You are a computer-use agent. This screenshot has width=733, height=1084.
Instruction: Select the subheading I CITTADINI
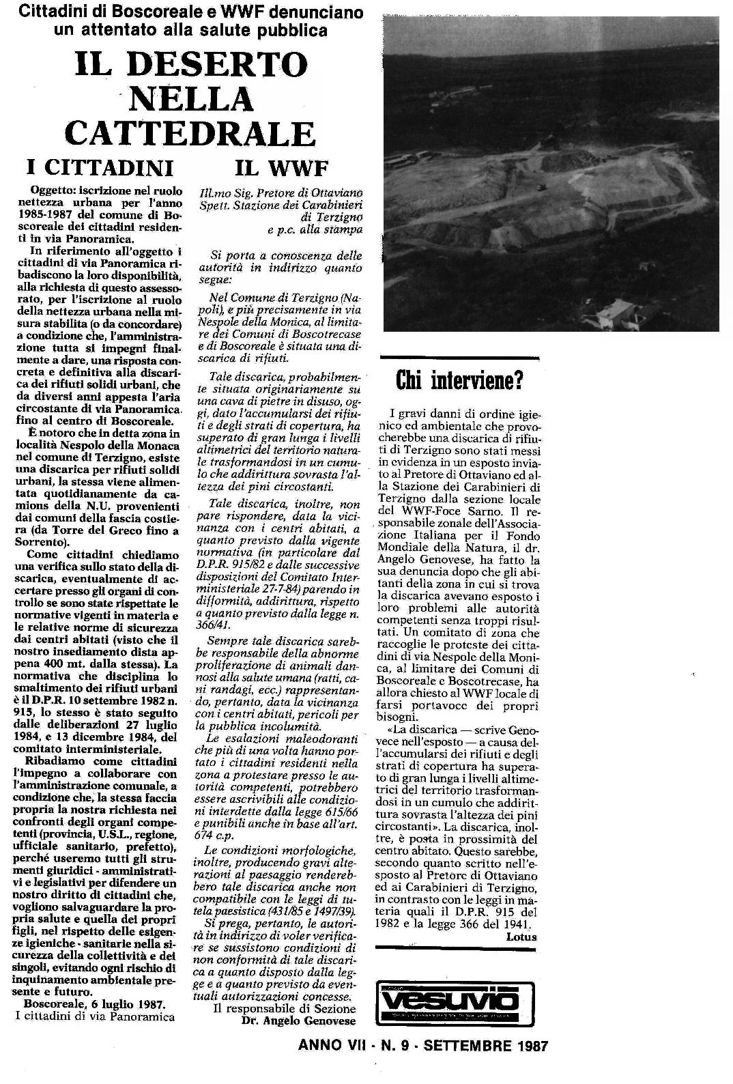tap(100, 167)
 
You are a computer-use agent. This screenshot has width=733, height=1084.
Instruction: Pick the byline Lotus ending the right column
tap(521, 937)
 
